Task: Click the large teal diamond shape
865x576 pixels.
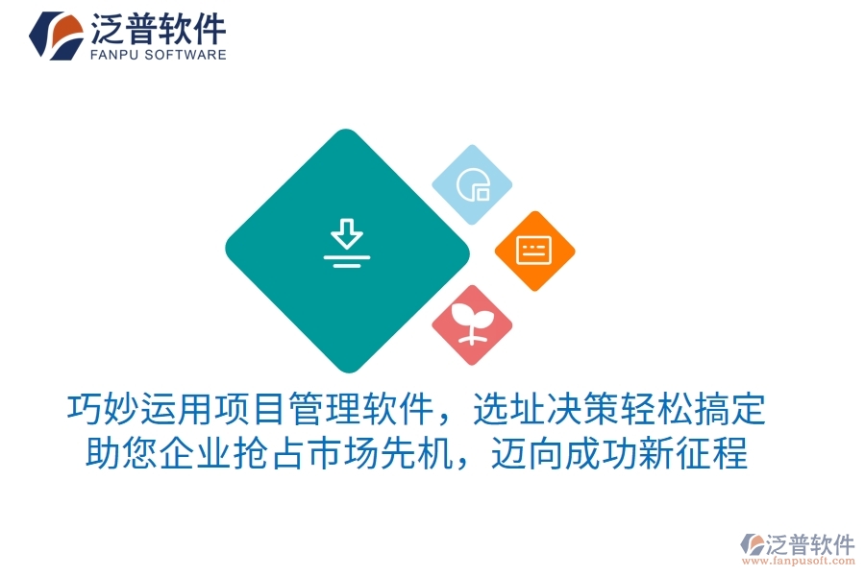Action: pyautogui.click(x=288, y=288)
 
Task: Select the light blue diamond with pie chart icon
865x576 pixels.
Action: pyautogui.click(x=471, y=185)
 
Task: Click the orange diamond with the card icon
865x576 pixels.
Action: pyautogui.click(x=534, y=251)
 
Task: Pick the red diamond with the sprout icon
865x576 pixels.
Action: pyautogui.click(x=471, y=324)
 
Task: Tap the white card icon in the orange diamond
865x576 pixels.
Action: pyautogui.click(x=534, y=251)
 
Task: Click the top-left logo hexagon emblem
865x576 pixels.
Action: pyautogui.click(x=56, y=35)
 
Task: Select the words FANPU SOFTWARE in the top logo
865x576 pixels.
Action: pyautogui.click(x=159, y=55)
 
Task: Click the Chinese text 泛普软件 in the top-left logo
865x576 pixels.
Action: pyautogui.click(x=159, y=28)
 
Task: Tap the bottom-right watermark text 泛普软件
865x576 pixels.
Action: pyautogui.click(x=812, y=544)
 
